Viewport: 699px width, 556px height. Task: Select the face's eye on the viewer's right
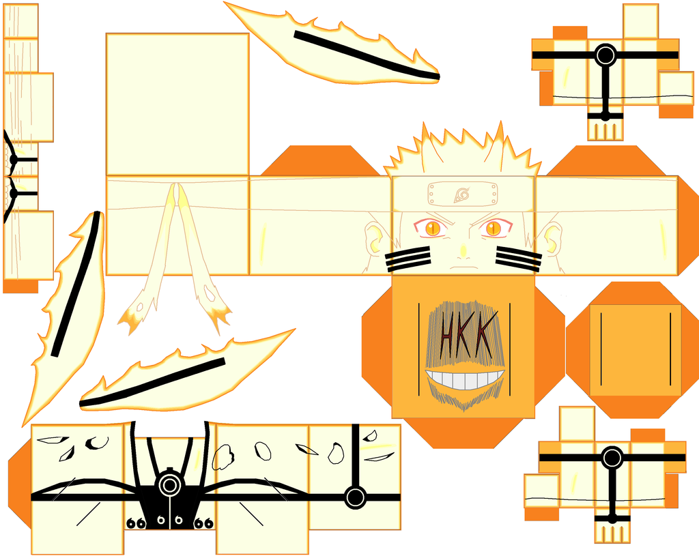(494, 228)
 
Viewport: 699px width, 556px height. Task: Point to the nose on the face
(463, 251)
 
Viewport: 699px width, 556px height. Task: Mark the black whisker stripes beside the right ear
(519, 257)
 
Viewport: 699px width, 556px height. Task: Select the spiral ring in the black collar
(168, 486)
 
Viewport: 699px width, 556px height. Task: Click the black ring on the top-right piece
(605, 55)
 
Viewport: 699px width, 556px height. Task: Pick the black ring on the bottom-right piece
(612, 458)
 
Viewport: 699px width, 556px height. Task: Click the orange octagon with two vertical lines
(635, 349)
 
